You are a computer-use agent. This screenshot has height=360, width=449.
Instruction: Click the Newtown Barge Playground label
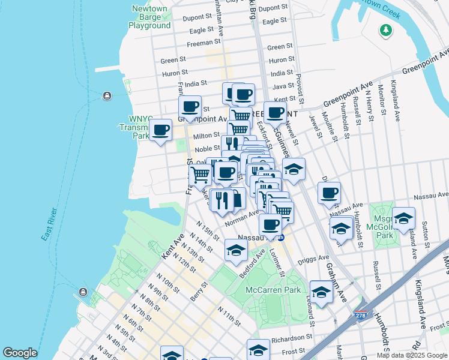point(149,17)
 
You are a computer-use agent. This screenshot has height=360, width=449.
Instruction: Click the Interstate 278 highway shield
point(360,315)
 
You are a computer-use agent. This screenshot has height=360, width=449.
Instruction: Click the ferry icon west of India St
point(107,95)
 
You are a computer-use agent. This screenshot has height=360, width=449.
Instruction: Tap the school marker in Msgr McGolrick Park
point(403,218)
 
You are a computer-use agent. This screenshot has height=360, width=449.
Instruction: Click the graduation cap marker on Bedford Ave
point(237,250)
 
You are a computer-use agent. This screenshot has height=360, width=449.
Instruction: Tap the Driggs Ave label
point(312,262)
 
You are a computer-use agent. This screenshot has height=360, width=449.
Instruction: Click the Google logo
point(20,353)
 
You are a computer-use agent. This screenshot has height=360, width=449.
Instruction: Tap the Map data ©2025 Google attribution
point(412,355)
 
